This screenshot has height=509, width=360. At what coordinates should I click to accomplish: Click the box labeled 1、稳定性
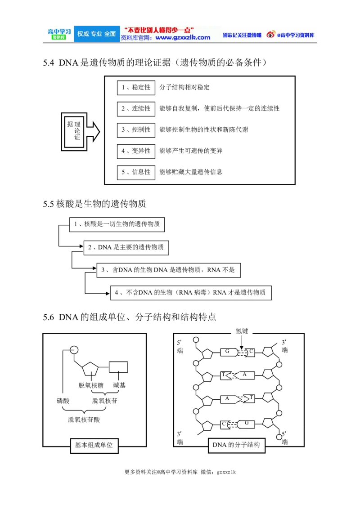click(136, 87)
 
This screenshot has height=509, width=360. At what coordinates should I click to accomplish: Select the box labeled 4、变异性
click(136, 151)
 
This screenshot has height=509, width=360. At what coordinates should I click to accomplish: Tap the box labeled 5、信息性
click(136, 172)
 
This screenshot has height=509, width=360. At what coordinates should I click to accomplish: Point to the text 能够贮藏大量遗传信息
click(191, 172)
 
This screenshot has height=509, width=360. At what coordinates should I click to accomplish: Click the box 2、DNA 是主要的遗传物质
click(126, 247)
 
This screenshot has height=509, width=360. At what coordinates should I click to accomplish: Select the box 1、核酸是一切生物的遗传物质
click(117, 224)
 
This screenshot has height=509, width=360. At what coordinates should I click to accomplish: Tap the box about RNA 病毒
click(191, 293)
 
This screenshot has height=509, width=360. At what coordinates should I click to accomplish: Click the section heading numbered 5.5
click(94, 204)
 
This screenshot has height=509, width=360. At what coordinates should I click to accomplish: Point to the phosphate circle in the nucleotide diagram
click(74, 350)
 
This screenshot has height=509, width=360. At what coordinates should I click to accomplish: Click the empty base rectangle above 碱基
click(118, 367)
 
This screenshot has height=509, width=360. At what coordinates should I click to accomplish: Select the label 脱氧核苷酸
click(84, 420)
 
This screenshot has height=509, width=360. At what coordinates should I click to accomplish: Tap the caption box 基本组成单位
click(94, 445)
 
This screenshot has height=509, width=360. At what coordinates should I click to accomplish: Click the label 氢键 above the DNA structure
click(242, 331)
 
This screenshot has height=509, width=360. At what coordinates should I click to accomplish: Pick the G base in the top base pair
click(229, 352)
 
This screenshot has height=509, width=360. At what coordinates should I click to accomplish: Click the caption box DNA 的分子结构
click(236, 445)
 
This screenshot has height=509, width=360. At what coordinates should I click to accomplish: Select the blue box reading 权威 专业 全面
click(96, 34)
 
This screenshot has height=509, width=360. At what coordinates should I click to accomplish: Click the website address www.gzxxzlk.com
click(183, 38)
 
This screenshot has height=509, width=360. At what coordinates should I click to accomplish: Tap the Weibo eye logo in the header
click(270, 34)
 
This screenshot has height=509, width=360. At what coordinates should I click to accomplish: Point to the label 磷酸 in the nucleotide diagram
click(63, 401)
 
